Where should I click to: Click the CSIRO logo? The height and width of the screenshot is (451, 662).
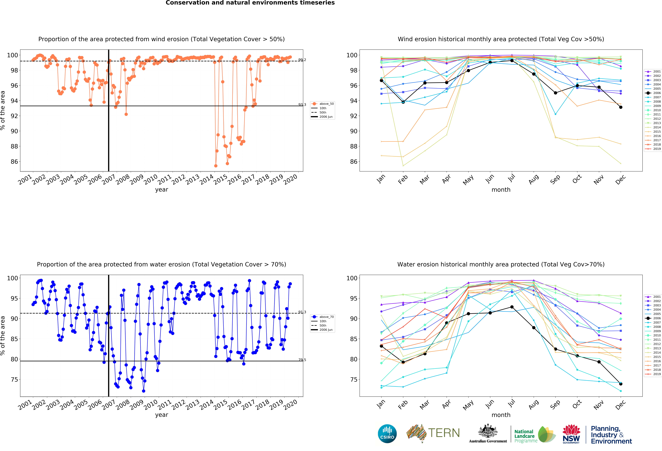click(387, 434)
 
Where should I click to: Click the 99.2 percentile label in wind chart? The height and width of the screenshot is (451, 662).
click(302, 60)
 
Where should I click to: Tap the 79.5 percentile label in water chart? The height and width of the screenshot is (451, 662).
click(302, 360)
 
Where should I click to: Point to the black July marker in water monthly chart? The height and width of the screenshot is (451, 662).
click(512, 307)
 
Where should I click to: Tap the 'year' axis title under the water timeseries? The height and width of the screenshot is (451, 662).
click(162, 415)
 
